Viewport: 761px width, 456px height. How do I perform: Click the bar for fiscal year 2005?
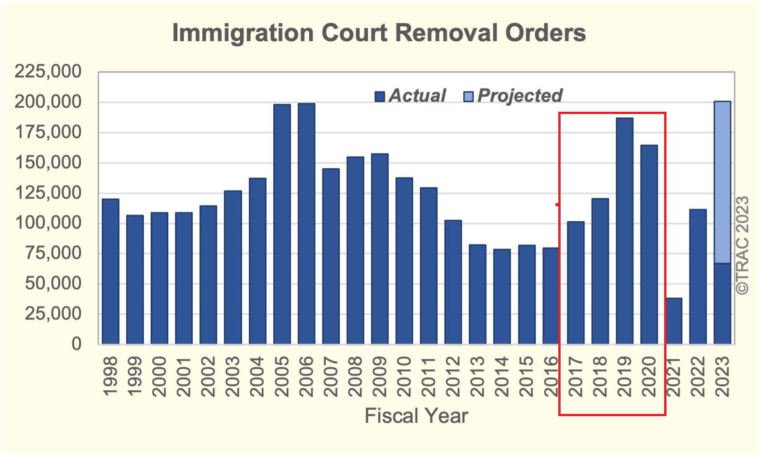tap(282, 224)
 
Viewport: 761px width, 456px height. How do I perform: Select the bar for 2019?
tap(624, 231)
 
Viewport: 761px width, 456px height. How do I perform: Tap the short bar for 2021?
tap(674, 321)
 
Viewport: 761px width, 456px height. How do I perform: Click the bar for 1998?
tap(110, 271)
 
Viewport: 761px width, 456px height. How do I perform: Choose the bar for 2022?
tap(698, 276)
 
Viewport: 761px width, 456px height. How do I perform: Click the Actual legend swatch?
tap(380, 96)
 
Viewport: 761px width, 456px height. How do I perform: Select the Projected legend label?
tap(520, 95)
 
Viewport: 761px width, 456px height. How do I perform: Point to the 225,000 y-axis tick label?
tap(48, 71)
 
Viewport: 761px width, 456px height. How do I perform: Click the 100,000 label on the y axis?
tap(48, 223)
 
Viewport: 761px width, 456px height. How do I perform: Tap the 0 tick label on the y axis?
tap(76, 344)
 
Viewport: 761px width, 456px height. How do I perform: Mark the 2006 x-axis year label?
tap(306, 376)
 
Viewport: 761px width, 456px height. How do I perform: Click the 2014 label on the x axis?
tap(502, 376)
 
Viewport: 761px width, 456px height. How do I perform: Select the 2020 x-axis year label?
tap(649, 376)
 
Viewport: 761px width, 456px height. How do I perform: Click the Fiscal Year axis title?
tap(416, 416)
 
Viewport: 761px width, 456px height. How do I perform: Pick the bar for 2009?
tap(380, 249)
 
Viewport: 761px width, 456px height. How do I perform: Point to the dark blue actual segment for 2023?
tap(722, 304)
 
